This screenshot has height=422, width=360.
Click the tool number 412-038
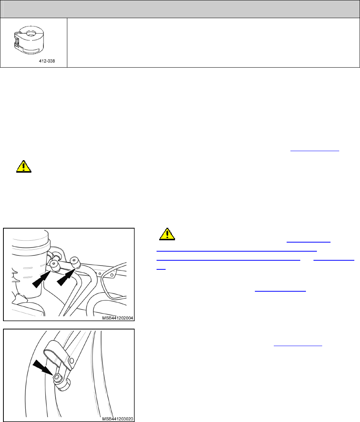[47, 61]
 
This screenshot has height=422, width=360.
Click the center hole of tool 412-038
[31, 33]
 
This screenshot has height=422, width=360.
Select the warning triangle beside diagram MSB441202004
[167, 234]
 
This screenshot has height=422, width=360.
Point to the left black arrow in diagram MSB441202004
[42, 279]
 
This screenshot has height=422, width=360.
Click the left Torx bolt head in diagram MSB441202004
[55, 265]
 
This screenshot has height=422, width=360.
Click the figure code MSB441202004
[118, 318]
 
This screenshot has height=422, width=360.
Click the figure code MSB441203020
[118, 419]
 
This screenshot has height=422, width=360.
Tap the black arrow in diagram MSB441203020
[43, 368]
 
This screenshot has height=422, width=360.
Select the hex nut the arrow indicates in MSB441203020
[57, 377]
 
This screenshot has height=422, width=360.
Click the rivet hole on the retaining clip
[71, 360]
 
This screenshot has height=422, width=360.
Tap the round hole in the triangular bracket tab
[112, 275]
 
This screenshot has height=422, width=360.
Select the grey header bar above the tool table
[180, 9]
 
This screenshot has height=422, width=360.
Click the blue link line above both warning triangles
[315, 151]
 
